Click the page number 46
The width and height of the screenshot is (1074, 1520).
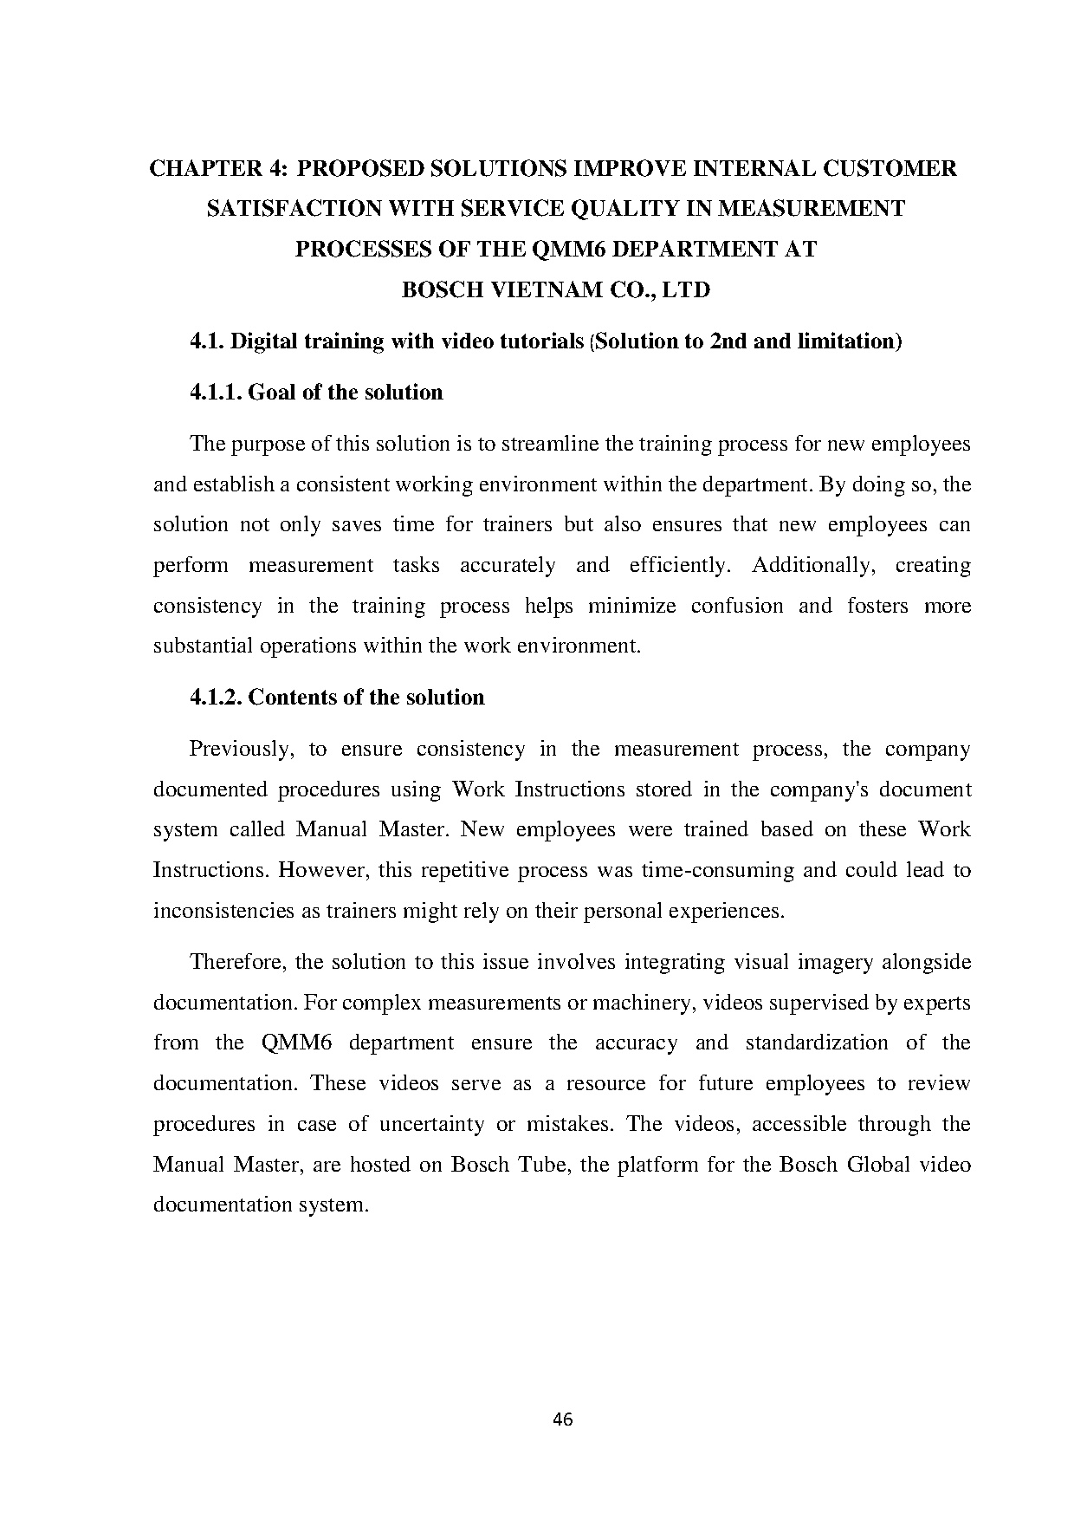pos(562,1419)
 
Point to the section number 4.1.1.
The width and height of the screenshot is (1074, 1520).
pos(216,393)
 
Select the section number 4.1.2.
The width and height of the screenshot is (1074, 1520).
pos(216,698)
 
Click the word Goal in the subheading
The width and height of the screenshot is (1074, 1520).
pos(272,393)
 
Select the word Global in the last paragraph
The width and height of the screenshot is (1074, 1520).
pos(878,1164)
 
